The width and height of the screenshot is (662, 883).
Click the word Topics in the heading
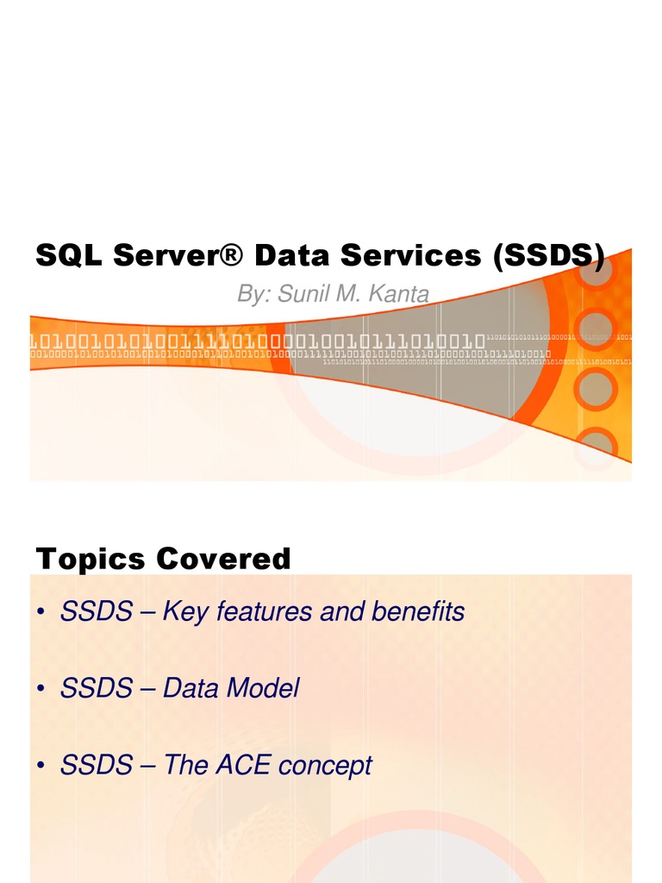point(91,559)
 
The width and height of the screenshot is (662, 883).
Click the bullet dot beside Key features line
point(41,613)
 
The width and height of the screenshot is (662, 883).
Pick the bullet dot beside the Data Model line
point(41,690)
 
